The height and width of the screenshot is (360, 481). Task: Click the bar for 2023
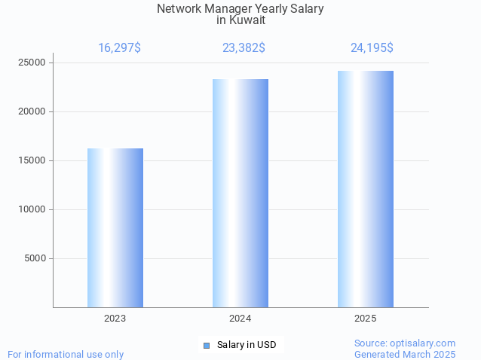click(115, 227)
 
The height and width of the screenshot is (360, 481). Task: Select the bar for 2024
click(240, 193)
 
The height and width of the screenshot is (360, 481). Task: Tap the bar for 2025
click(366, 189)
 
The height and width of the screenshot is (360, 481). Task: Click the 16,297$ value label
click(119, 48)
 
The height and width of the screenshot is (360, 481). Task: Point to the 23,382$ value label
click(244, 48)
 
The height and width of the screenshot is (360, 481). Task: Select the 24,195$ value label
click(372, 48)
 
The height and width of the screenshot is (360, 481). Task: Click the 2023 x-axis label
click(115, 319)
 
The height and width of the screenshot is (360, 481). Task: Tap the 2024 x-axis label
click(240, 319)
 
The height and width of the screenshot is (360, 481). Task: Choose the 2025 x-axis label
click(366, 319)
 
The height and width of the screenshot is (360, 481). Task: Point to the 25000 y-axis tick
click(32, 63)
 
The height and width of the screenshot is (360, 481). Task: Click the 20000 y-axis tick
click(32, 111)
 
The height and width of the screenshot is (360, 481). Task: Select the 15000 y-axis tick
click(32, 160)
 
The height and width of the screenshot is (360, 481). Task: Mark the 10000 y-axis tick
click(32, 209)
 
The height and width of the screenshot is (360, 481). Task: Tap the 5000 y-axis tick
click(35, 258)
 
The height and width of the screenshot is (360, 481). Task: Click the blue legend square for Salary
click(207, 345)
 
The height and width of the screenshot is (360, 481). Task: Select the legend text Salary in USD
click(247, 345)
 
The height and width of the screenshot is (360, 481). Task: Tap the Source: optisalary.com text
click(405, 343)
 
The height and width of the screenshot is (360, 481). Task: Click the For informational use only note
click(66, 354)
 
